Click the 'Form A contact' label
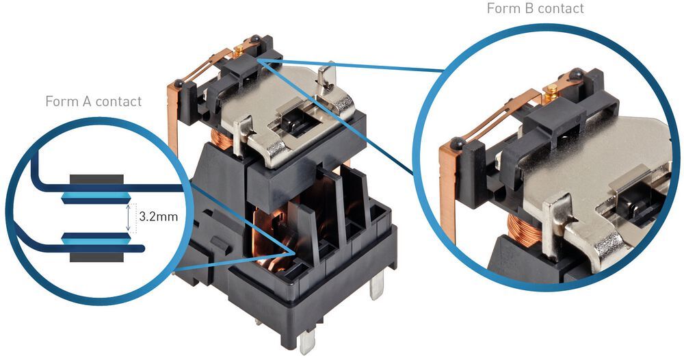[x=93, y=102]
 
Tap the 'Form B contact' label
[x=536, y=9]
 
